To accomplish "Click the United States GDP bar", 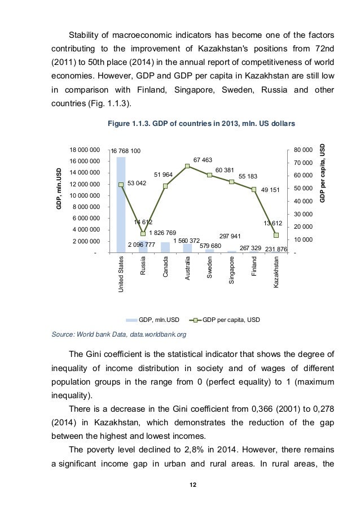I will pyautogui.click(x=121, y=204).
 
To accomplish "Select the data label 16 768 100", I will pyautogui.click(x=126, y=151).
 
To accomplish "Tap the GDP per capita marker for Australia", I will pyautogui.click(x=187, y=166).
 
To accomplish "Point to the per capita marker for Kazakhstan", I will pyautogui.click(x=276, y=235).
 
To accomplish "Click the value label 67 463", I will pyautogui.click(x=203, y=160).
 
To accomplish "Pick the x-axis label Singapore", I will pyautogui.click(x=232, y=271).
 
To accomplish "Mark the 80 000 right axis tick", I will pyautogui.click(x=302, y=150).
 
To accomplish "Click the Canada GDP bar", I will pyautogui.click(x=165, y=247).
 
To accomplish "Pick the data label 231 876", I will pyautogui.click(x=276, y=249).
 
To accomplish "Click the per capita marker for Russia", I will pyautogui.click(x=143, y=234).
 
